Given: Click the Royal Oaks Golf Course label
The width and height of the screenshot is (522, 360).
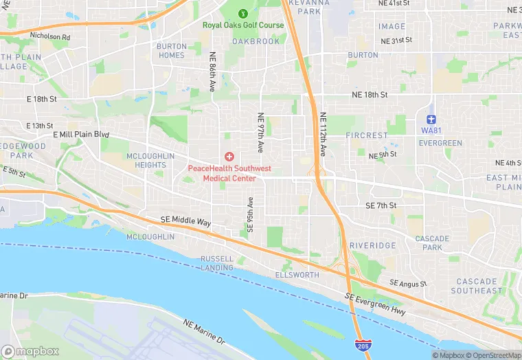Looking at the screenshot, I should pyautogui.click(x=242, y=25).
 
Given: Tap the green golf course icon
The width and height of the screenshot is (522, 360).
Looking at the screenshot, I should pyautogui.click(x=242, y=13).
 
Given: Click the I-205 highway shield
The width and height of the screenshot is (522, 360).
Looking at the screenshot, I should pyautogui.click(x=362, y=345).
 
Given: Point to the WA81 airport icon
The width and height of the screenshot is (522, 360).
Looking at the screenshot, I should pyautogui.click(x=431, y=120).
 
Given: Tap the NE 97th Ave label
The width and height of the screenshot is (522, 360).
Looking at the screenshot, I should pyautogui.click(x=260, y=133).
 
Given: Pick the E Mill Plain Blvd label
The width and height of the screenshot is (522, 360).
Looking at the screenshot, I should pyautogui.click(x=80, y=135).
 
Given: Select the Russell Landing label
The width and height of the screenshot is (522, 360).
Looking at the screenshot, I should pyautogui.click(x=217, y=263).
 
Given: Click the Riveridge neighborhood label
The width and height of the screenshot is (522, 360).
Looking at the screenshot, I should pyautogui.click(x=372, y=245).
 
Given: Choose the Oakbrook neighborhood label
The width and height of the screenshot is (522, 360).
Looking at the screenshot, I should pyautogui.click(x=256, y=41).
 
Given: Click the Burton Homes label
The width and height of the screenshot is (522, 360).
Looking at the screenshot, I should pyautogui.click(x=171, y=51).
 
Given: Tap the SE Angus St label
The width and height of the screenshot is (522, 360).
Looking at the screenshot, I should pyautogui.click(x=408, y=283).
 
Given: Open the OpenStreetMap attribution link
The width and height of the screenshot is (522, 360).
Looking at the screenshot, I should pyautogui.click(x=491, y=355).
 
